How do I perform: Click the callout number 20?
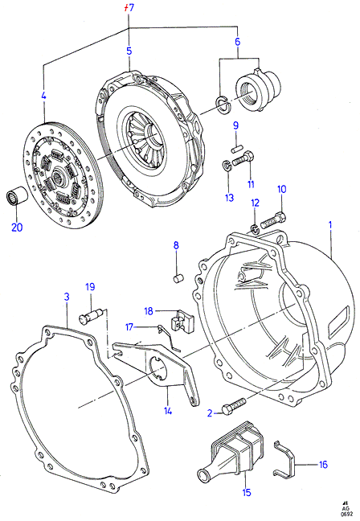click(x=17, y=228)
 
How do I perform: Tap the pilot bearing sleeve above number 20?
click(x=17, y=197)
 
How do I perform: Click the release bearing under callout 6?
click(x=258, y=88)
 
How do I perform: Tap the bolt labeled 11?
click(x=244, y=159)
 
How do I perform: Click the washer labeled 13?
click(x=226, y=165)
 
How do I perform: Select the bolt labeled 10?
click(x=273, y=220)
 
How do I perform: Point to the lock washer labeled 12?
click(x=255, y=228)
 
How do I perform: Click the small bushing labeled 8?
click(x=179, y=278)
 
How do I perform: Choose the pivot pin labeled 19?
click(x=90, y=316)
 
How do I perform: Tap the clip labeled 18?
click(x=182, y=320)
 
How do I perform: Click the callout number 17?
click(x=129, y=327)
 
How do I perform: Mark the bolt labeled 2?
click(x=234, y=405)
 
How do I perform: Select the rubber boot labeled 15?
click(x=231, y=445)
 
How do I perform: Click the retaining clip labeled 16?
click(x=284, y=458)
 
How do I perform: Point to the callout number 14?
click(x=168, y=411)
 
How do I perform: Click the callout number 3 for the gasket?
click(x=67, y=297)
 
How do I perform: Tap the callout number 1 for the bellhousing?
click(x=330, y=225)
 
